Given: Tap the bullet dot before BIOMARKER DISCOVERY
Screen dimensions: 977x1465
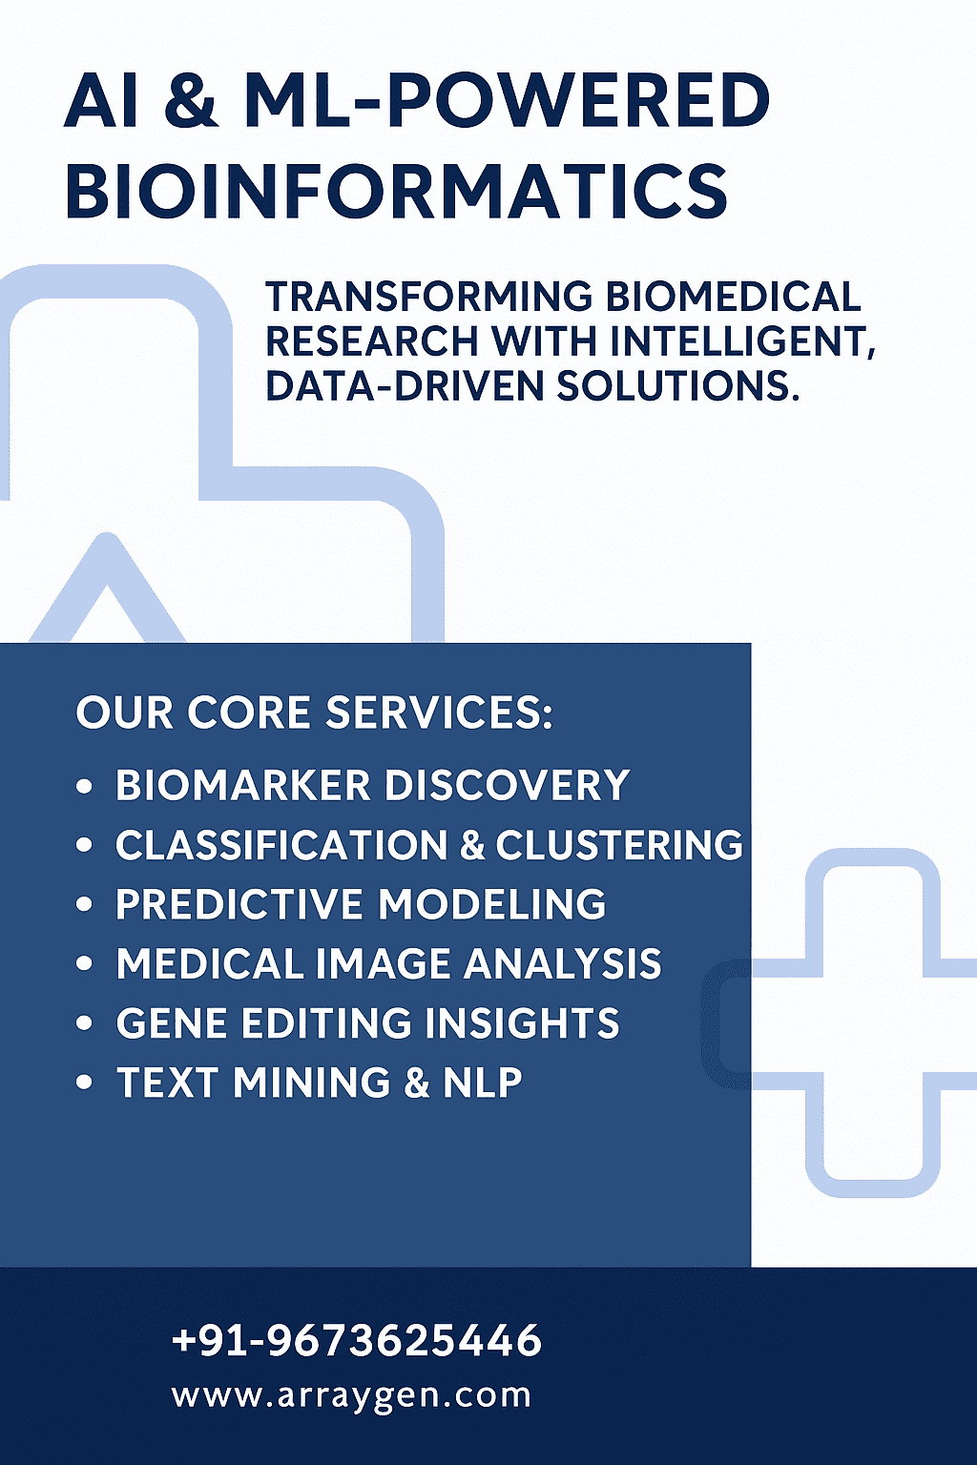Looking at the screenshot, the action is [84, 786].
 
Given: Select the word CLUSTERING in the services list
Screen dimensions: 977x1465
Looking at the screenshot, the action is [619, 844].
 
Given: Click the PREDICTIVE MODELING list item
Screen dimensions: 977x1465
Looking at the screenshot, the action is [362, 904].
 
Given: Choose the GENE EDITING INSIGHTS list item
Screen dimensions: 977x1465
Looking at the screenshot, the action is [367, 1022].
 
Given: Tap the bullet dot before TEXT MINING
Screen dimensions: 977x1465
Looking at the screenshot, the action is [84, 1083].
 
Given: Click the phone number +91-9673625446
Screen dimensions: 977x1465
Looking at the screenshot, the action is [357, 1339].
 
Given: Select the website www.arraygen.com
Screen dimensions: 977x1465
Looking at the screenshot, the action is [351, 1395].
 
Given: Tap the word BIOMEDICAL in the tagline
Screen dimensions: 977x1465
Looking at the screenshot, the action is [733, 297].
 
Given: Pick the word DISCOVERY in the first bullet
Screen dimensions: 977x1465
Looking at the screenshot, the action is [508, 785].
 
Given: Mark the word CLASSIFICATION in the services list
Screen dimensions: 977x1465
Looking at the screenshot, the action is [281, 844].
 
